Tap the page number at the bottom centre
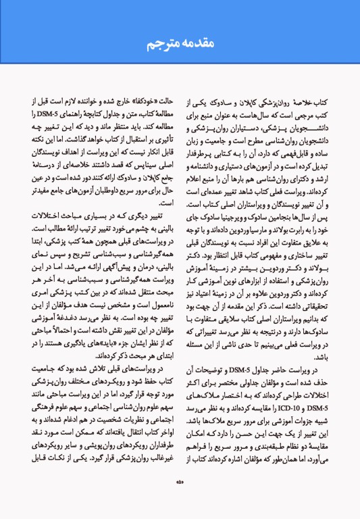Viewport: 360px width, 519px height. click(x=180, y=500)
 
